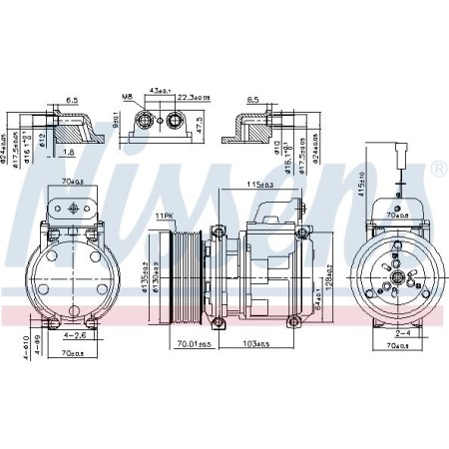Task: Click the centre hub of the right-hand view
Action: pos(395,274)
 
